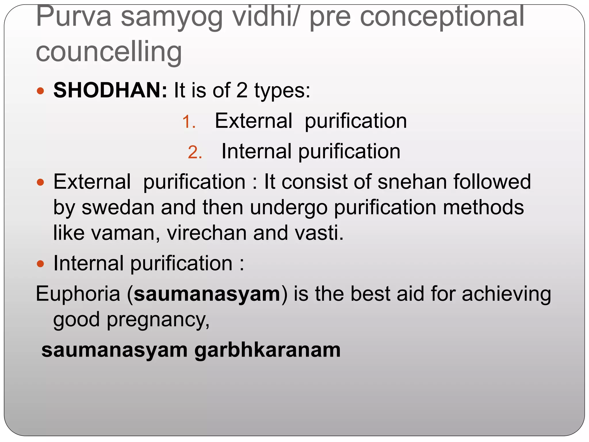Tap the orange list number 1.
pyautogui.click(x=189, y=122)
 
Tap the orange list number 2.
pyautogui.click(x=195, y=152)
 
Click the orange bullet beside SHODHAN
pyautogui.click(x=41, y=91)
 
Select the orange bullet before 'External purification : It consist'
pyautogui.click(x=41, y=182)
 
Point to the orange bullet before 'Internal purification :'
pyautogui.click(x=41, y=264)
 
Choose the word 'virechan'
pyautogui.click(x=207, y=233)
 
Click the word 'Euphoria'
pyautogui.click(x=78, y=294)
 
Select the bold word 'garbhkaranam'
pyautogui.click(x=267, y=350)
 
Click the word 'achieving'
pyautogui.click(x=506, y=294)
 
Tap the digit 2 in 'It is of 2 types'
pyautogui.click(x=242, y=90)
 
